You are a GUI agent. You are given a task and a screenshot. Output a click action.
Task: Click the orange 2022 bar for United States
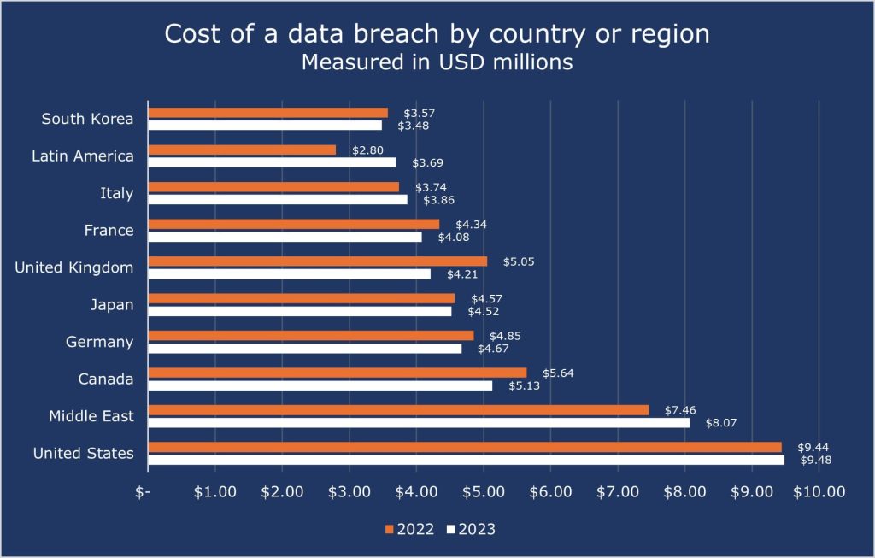[465, 447]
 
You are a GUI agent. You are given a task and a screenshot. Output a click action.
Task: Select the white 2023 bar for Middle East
[419, 422]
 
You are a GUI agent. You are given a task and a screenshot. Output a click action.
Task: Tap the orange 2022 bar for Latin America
[242, 150]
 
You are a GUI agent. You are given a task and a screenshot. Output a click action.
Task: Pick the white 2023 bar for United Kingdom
[289, 274]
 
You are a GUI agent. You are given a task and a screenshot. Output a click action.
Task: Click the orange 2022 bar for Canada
[337, 373]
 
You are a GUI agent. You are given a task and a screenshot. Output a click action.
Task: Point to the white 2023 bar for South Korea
[265, 126]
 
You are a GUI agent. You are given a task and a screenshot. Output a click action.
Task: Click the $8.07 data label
[719, 422]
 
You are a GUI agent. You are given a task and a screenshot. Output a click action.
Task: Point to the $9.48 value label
[816, 460]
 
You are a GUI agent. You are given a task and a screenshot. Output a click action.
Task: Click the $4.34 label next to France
[471, 224]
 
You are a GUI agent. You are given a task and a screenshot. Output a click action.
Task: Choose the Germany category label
[99, 342]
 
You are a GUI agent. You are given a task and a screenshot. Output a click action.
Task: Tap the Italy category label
[116, 193]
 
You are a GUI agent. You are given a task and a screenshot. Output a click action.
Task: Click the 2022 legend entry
[411, 529]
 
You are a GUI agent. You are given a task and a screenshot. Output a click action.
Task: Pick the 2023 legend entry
[471, 529]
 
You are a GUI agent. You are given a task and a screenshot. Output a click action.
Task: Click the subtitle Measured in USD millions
[437, 62]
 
